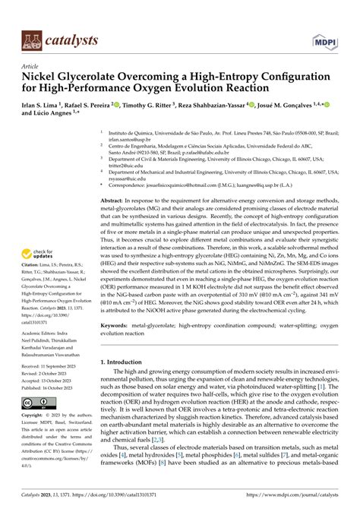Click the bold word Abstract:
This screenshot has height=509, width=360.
coord(114,197)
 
